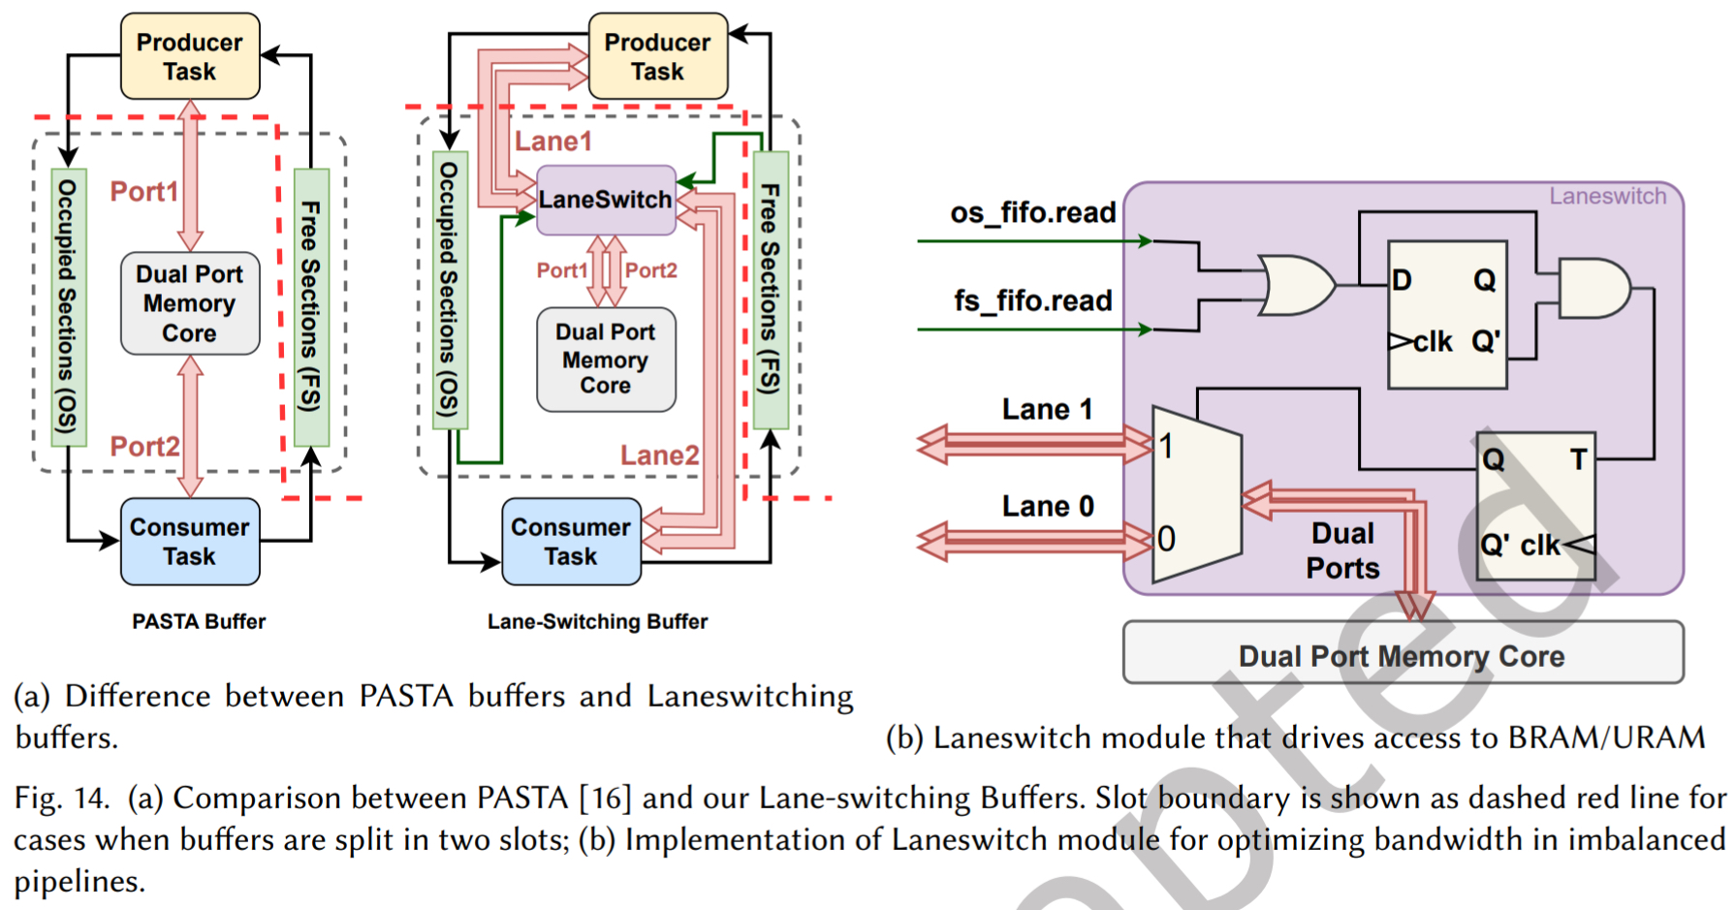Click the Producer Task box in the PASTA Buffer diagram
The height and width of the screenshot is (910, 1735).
coord(190,56)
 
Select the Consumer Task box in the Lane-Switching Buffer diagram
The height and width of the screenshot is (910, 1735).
coord(571,542)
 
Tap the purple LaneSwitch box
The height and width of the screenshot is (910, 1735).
coord(606,200)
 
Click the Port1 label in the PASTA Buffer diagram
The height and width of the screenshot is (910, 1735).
coord(143,192)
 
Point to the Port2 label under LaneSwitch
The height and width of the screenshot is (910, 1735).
coord(650,270)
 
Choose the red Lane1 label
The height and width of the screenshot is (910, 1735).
coord(552,141)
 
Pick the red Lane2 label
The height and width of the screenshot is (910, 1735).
coord(659,455)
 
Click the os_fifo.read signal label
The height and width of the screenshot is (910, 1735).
coord(1032,212)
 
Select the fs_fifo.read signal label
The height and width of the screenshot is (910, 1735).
coord(1032,300)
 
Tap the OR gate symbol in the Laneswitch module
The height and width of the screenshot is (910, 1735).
coord(1295,285)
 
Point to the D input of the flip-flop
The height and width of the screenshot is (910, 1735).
coord(1402,281)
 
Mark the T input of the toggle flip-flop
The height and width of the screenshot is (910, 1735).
coord(1578,459)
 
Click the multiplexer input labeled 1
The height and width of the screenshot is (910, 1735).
coord(1167,446)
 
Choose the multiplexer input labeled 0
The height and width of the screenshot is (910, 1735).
coord(1167,539)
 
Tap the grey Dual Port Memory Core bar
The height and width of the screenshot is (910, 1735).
coord(1402,656)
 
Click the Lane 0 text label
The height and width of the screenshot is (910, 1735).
coord(1048,506)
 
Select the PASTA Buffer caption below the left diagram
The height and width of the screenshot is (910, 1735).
coord(199,621)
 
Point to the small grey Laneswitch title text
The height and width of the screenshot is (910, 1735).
coord(1607,197)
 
